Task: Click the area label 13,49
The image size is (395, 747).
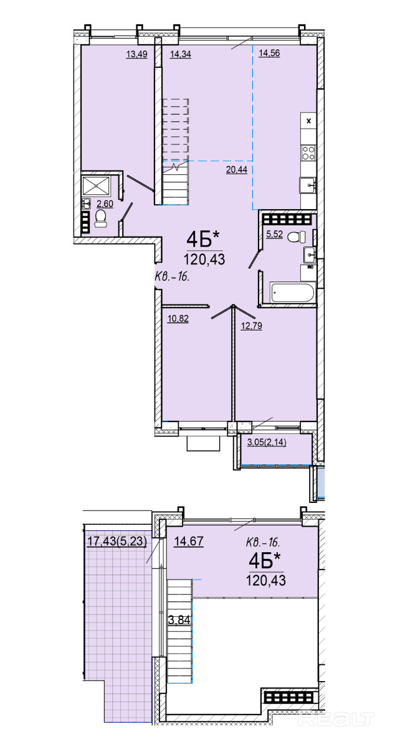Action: pos(137,54)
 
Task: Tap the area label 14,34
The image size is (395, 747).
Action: pos(180,54)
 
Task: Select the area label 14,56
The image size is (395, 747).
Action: pos(269,53)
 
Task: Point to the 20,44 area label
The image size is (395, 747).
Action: pos(237,170)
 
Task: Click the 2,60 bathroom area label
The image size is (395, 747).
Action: pos(105,203)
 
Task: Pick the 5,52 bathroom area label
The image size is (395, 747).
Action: pos(275,234)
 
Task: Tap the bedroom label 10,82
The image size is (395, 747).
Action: pos(178,319)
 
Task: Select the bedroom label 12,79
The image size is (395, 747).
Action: pos(252,325)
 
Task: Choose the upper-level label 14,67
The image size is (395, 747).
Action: pos(189,540)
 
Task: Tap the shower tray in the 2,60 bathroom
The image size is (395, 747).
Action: pos(96,186)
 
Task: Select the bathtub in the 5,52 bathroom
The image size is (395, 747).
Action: pos(292,293)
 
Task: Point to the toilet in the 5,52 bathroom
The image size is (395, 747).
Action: pos(296,237)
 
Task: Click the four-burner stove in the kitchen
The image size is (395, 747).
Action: pos(308,153)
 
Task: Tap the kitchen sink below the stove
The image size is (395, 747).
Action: pos(308,184)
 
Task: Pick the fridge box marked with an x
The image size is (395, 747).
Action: pos(308,121)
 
